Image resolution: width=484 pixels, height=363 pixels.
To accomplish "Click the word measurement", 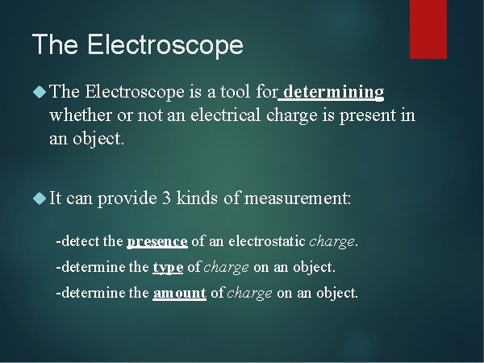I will tap(298, 198).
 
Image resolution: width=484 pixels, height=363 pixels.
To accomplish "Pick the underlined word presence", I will tap(157, 241).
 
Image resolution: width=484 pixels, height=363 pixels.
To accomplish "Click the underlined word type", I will tap(168, 267).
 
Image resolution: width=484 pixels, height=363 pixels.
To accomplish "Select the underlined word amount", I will tap(179, 294).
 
